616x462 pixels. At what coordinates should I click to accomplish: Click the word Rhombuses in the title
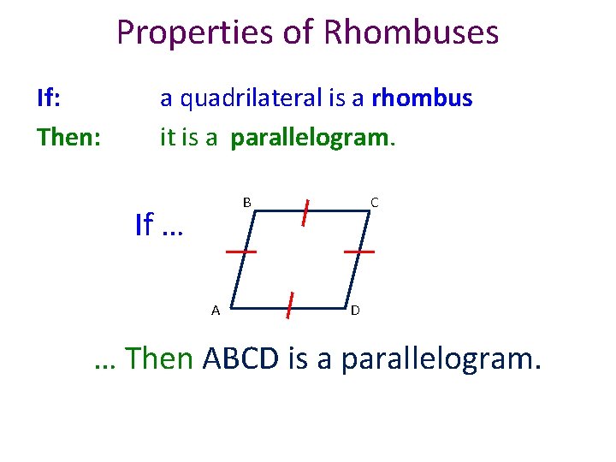click(x=411, y=33)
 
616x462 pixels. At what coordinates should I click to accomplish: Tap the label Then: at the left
click(x=68, y=137)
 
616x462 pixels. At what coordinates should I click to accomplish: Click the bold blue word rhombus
click(x=423, y=98)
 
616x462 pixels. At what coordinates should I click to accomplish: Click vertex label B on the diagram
click(x=246, y=203)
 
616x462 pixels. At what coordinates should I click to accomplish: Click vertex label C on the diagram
click(x=375, y=203)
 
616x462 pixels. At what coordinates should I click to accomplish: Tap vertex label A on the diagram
click(x=216, y=310)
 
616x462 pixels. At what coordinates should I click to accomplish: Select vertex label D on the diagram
click(x=355, y=310)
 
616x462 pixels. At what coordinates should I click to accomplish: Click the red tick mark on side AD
click(x=291, y=304)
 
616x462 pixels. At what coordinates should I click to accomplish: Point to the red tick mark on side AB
click(x=241, y=252)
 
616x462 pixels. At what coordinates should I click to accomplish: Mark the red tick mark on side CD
click(x=359, y=252)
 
